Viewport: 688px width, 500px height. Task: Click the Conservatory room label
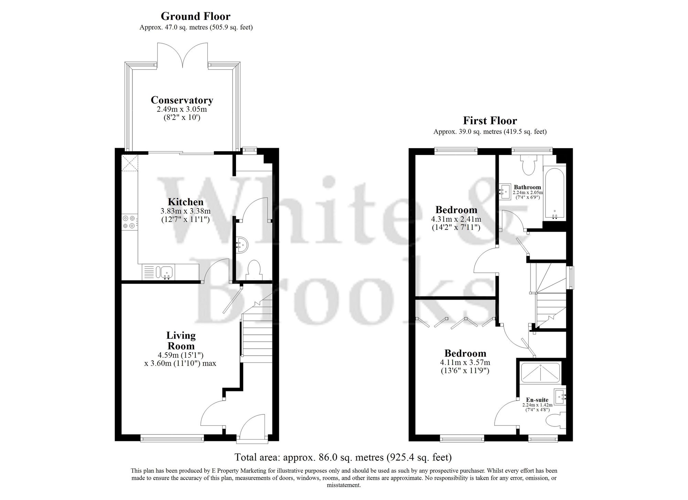click(182, 100)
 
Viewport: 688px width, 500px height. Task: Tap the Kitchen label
click(185, 202)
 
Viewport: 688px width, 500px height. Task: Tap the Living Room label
click(181, 340)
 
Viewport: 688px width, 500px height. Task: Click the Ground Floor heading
click(195, 16)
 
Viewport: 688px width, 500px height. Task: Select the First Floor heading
click(490, 121)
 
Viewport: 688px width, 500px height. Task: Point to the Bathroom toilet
click(527, 164)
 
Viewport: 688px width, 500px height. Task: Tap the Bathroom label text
click(527, 187)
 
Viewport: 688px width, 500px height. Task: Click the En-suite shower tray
click(540, 373)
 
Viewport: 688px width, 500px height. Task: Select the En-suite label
click(537, 400)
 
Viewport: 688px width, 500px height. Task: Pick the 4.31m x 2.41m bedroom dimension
click(456, 219)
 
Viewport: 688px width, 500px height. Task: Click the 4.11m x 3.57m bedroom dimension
click(465, 362)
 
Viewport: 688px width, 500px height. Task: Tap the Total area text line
click(343, 457)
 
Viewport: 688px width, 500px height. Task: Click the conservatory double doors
click(183, 55)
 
